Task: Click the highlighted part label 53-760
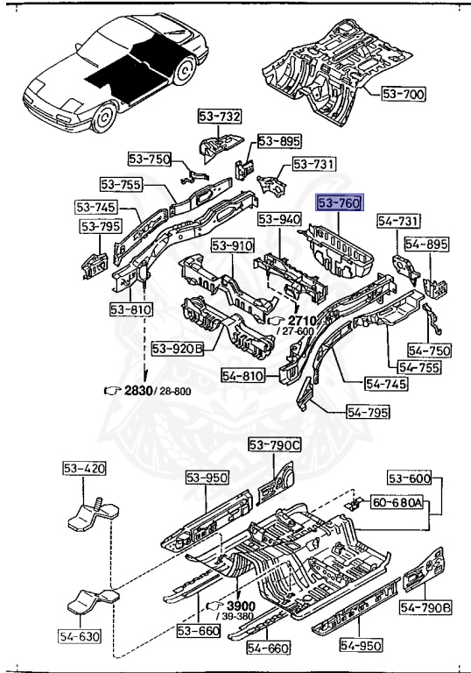coord(340,202)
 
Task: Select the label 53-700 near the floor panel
coord(404,94)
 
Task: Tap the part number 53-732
coord(220,116)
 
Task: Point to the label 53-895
coord(279,141)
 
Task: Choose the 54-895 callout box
coord(426,244)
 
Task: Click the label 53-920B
coord(178,349)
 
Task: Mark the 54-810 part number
coord(243,376)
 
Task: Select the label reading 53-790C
coord(275,445)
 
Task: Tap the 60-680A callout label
coord(397,502)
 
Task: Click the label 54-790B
coord(425,607)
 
